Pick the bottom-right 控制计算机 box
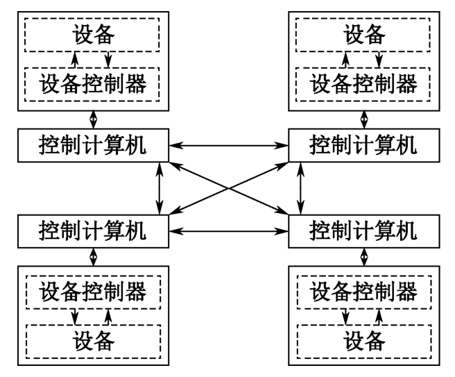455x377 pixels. (363, 228)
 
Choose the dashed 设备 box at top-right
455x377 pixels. (363, 33)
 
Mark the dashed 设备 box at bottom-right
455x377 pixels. (363, 341)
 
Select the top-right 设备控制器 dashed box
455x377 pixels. (363, 85)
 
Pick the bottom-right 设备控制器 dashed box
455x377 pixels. (363, 291)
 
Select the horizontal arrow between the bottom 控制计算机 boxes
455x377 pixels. (228, 228)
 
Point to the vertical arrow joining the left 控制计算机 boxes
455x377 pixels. (161, 187)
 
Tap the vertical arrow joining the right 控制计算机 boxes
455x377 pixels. (300, 187)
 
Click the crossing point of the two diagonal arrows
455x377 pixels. (230, 187)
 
